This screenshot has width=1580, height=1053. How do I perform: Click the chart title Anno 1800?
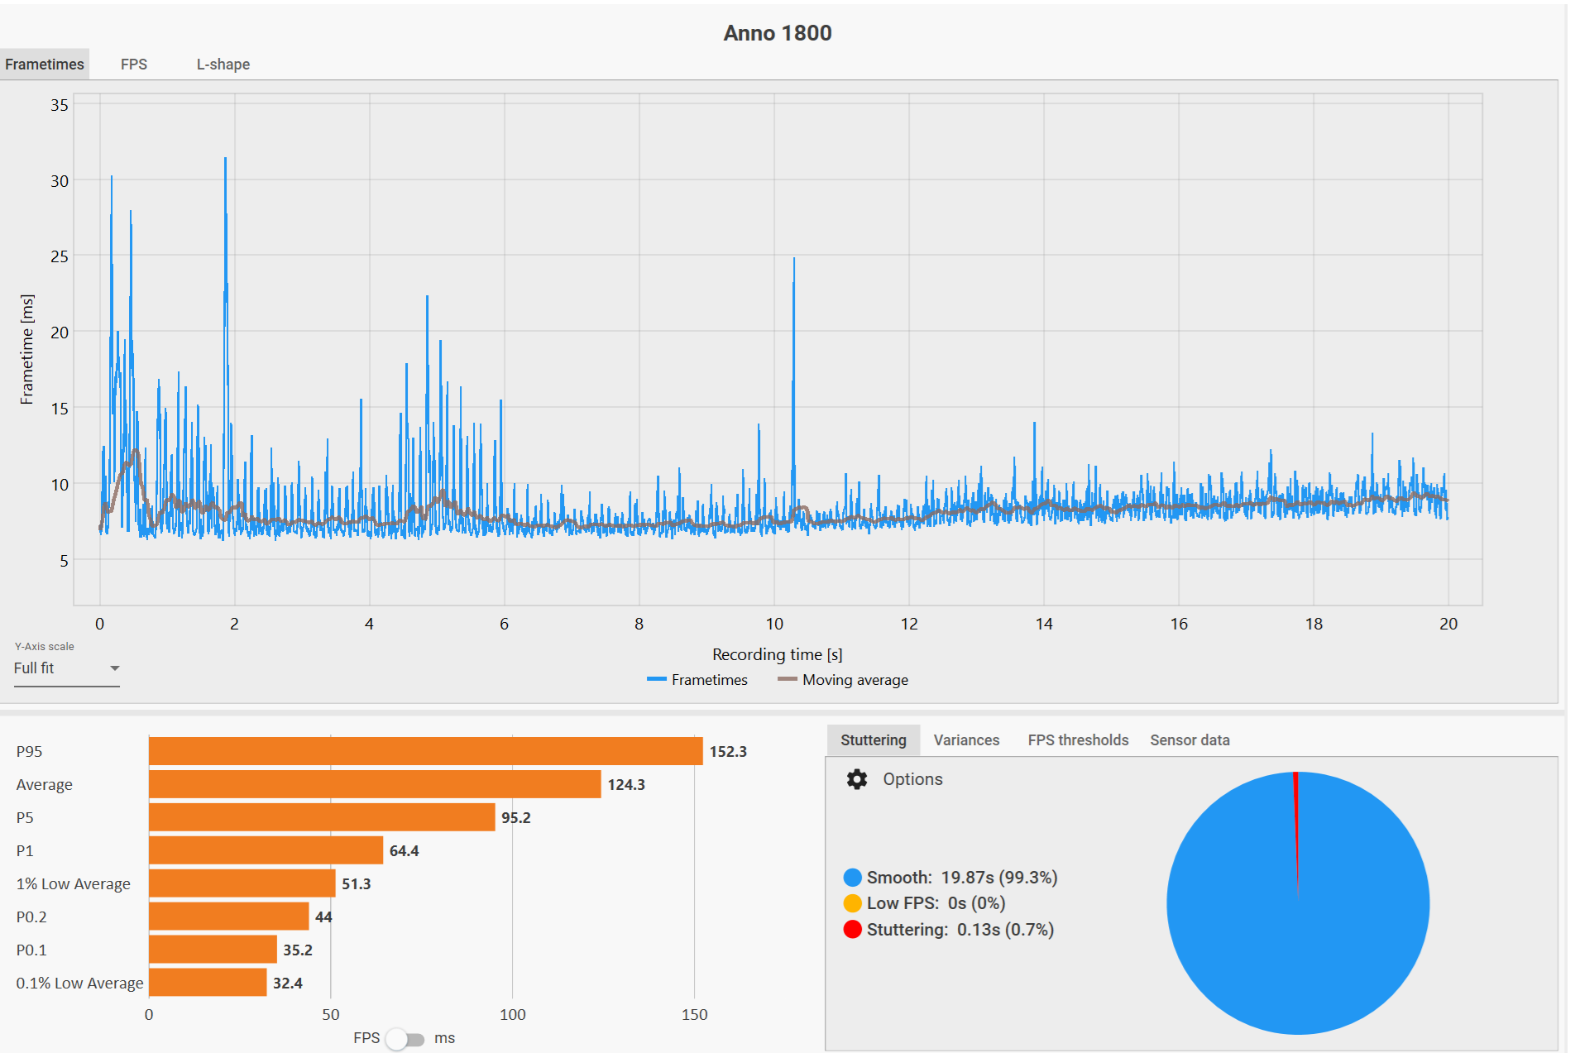click(x=777, y=33)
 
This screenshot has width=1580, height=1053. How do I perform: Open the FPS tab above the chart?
click(x=133, y=65)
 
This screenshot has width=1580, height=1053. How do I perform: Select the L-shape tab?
click(x=223, y=65)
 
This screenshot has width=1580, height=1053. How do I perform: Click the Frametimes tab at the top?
click(x=45, y=65)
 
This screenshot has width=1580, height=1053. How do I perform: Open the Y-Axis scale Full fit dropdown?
click(x=66, y=668)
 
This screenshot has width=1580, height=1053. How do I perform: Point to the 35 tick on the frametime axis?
click(x=60, y=105)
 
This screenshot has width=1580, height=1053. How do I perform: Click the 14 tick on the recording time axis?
click(x=1044, y=624)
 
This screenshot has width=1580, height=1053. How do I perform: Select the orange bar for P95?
click(x=425, y=751)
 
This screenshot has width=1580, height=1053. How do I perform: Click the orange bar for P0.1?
click(x=213, y=950)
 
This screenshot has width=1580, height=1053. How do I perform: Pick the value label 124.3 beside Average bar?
click(x=626, y=784)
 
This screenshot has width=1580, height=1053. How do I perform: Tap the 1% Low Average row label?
click(x=74, y=883)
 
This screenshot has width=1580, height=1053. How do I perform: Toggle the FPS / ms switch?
click(x=405, y=1039)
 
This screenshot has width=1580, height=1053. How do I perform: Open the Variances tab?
click(x=966, y=740)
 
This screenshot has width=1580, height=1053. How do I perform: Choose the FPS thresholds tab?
click(x=1078, y=740)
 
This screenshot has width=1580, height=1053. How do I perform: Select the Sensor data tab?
click(x=1190, y=740)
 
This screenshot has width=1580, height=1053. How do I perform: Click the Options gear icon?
click(x=857, y=779)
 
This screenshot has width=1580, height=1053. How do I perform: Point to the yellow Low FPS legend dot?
click(x=852, y=903)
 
